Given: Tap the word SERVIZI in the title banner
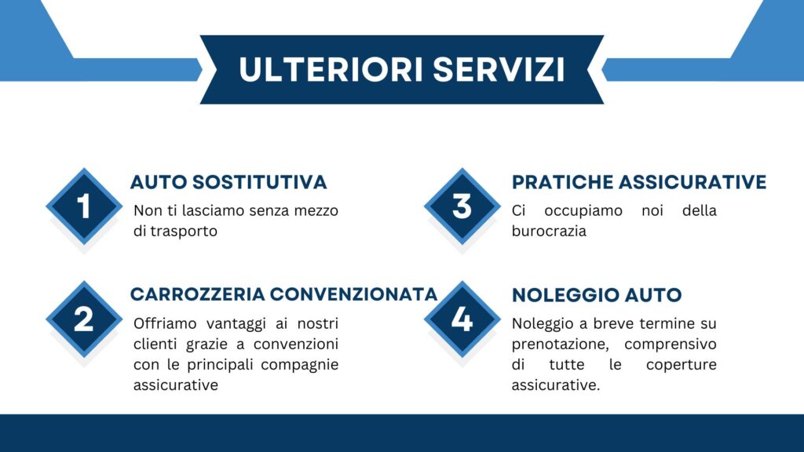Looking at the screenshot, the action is coord(499,69).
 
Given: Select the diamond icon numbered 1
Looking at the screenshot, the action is coord(84,206).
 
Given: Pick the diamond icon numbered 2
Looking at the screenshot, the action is coord(84,319).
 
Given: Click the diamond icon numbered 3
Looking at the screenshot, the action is coord(462,206).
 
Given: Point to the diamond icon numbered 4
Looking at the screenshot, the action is coord(462,319).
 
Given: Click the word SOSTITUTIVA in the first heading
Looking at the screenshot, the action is coord(259,182).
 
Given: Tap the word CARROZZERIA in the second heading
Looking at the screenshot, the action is coord(197,295).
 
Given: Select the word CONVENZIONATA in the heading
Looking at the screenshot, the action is coord(354,295).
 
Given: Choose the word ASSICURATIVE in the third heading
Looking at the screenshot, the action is coord(693,182).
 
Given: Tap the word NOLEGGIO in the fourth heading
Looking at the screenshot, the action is coord(559,295).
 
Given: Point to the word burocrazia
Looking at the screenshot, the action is coord(549,231).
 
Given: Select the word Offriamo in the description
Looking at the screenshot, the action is coord(165,323).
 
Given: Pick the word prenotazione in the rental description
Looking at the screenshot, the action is coord(561,344).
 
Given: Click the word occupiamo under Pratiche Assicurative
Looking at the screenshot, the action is coord(583,211).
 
